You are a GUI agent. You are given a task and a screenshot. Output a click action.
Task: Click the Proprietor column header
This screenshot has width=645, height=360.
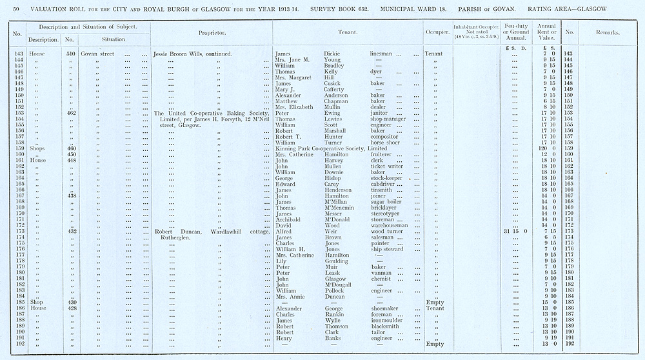pyautogui.click(x=212, y=32)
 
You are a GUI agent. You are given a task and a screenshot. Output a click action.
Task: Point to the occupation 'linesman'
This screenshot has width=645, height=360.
pyautogui.click(x=383, y=54)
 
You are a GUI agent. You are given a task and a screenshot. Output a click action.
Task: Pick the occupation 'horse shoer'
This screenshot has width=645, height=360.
pyautogui.click(x=386, y=143)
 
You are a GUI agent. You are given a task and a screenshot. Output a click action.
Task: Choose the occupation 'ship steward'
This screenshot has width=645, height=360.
pyautogui.click(x=387, y=249)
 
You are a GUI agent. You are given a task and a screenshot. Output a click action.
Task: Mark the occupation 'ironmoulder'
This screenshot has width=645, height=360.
pyautogui.click(x=388, y=320)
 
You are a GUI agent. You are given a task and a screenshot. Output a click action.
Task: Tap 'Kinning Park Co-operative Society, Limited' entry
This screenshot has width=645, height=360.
pyautogui.click(x=331, y=148)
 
